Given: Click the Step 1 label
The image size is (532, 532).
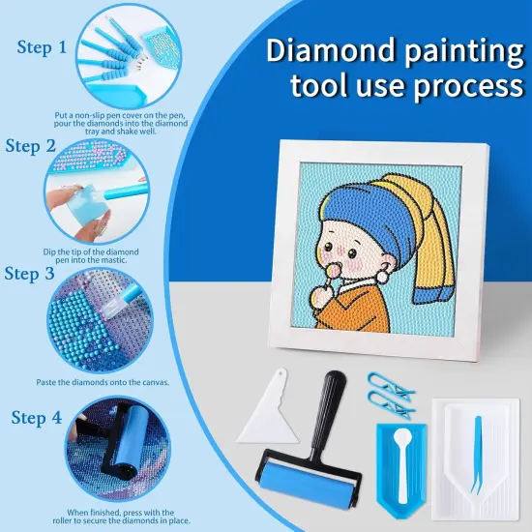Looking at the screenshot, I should pyautogui.click(x=42, y=46).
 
